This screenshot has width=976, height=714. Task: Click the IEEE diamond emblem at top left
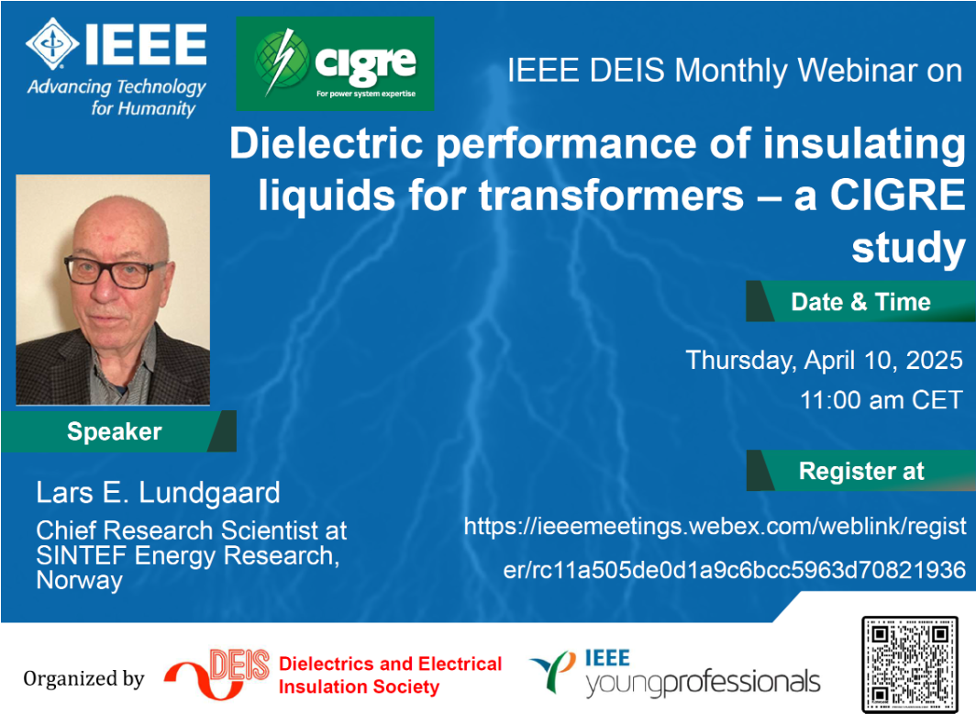52,43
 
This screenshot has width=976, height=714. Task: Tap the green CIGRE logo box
335,63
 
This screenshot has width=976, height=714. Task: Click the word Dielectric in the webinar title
327,144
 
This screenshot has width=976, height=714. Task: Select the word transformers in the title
611,195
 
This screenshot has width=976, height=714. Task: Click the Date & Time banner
860,301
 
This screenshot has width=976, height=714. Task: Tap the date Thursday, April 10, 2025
824,360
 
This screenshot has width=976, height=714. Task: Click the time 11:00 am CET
882,399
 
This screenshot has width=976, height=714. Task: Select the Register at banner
860,471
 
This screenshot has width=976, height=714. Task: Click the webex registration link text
715,548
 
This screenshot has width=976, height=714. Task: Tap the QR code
909,664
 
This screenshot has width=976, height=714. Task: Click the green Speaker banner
118,431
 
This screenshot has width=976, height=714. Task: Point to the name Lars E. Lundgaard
158,493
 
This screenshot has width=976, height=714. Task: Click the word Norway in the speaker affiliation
79,580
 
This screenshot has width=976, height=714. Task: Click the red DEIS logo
216,674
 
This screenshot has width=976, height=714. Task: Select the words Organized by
83,678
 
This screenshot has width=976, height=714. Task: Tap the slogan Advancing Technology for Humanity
116,97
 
